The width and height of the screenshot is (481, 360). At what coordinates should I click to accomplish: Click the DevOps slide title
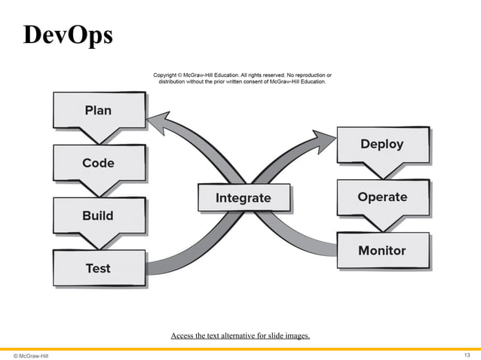coord(68,35)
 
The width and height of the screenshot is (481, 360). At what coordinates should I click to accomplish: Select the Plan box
coord(98,111)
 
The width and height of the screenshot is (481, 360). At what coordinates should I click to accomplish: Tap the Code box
coord(98,163)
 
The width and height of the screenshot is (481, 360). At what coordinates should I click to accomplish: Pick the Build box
coord(98,215)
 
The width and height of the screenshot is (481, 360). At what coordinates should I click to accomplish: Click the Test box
coord(98,267)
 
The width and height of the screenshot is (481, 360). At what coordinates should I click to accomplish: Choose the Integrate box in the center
coord(243,198)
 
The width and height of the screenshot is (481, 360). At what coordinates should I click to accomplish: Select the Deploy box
coord(381,144)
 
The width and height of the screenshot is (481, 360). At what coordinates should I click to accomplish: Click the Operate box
coord(381,197)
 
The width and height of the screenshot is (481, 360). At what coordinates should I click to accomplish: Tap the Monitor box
coord(381,250)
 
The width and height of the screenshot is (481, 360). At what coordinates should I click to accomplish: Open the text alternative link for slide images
coord(240,335)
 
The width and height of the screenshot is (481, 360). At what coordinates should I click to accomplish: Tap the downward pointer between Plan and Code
coord(98,136)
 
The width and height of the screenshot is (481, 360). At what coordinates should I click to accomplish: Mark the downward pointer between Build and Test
coord(98,242)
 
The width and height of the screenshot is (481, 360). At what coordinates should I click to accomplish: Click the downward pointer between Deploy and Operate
coord(381,170)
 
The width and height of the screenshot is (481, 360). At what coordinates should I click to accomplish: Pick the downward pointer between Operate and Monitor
coord(381,224)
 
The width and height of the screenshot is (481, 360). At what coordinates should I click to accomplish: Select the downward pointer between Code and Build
coord(98,189)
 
